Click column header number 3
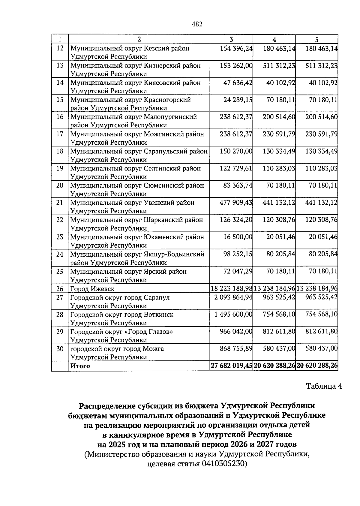click(231, 39)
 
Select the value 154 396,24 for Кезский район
click(236, 48)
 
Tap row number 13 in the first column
click(60, 65)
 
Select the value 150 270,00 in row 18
click(236, 151)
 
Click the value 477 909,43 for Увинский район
click(236, 203)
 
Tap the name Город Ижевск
click(92, 289)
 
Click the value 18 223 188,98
click(231, 289)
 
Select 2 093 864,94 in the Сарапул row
click(233, 297)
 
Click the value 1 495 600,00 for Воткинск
click(233, 315)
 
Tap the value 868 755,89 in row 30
click(236, 349)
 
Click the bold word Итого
click(80, 366)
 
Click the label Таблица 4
click(324, 386)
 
